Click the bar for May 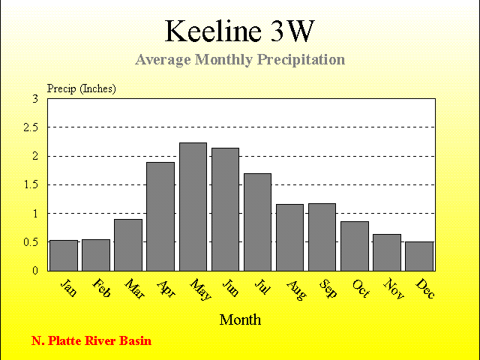coord(193,207)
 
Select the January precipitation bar coord(64,256)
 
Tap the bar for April coord(160,217)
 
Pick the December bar coord(419,256)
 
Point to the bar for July coord(257,222)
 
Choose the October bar coord(355,246)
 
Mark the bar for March coord(128,245)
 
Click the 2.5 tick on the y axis coord(31,127)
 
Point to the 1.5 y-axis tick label coord(31,185)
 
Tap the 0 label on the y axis coord(35,271)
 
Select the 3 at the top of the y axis coord(35,98)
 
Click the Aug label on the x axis coord(296,290)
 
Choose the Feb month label coord(101,288)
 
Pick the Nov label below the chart coord(394,288)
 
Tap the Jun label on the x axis coord(230,287)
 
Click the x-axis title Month coord(240,320)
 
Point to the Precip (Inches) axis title coord(82,88)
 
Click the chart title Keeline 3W coord(240,31)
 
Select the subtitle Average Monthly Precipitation coord(240,59)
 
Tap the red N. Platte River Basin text coord(91,340)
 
